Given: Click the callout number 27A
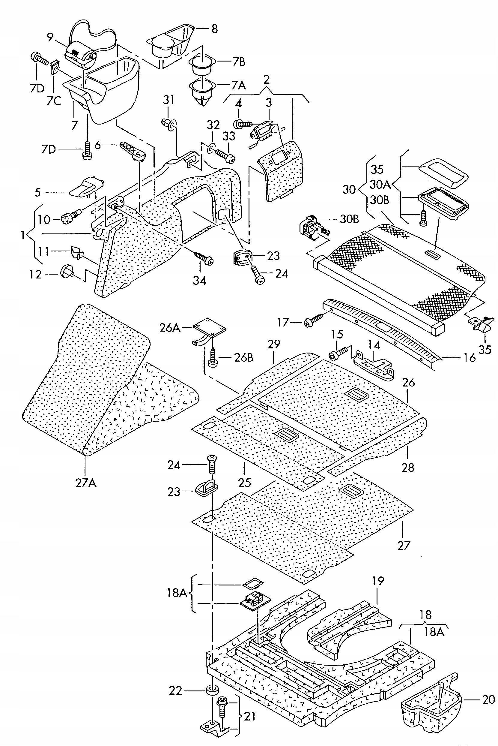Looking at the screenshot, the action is click(86, 483).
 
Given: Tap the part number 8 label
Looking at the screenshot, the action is click(215, 29).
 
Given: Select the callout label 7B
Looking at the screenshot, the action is click(239, 62).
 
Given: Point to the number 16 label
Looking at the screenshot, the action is click(470, 358).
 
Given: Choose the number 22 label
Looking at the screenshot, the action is click(175, 691).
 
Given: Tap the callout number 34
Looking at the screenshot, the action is click(199, 280).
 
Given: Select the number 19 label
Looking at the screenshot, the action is click(378, 581).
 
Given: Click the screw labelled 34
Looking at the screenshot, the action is click(204, 258).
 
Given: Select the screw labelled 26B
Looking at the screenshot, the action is click(212, 358).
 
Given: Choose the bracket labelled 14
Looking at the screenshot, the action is click(374, 365).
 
